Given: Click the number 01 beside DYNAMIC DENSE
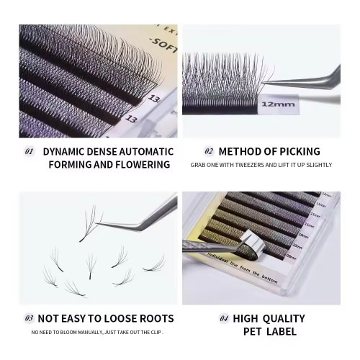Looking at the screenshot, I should click(x=30, y=152).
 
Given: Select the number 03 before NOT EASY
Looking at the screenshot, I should click(x=30, y=318).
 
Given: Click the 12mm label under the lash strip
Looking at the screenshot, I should click(x=274, y=104).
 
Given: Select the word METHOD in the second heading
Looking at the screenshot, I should click(x=241, y=152).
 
